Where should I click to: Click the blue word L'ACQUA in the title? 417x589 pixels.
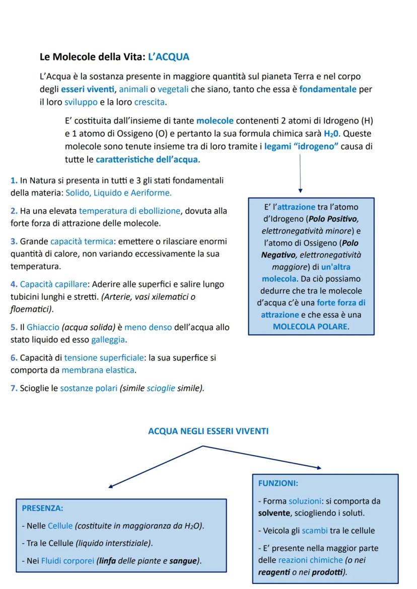coord(169,57)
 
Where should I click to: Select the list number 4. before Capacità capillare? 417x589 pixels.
coord(14,284)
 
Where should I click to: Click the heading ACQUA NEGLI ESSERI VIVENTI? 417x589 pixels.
coord(208,431)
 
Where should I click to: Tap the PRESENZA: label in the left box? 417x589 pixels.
coord(42,509)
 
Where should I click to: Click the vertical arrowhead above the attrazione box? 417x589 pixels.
coord(300,191)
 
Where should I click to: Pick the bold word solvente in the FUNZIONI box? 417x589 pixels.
coord(272,514)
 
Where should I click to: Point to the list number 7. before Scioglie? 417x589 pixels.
coord(14,388)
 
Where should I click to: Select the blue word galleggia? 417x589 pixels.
coord(108,340)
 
